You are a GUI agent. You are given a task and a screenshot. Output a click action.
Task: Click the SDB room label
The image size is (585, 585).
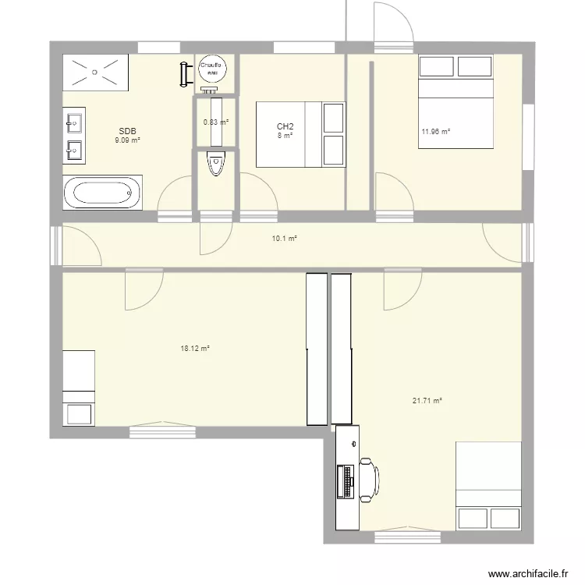coord(127,131)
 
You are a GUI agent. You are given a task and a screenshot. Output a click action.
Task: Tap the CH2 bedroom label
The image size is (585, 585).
coord(285,126)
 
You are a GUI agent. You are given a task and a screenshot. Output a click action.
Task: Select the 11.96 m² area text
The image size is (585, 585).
coord(436,131)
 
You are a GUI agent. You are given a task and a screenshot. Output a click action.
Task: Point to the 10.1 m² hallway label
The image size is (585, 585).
coord(284,239)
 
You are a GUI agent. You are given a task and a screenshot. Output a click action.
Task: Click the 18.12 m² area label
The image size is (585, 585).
coord(194,349)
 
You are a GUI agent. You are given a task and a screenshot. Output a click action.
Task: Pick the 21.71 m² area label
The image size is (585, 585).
coord(427,401)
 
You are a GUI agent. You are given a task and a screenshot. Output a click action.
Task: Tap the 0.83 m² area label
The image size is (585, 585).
coord(214,122)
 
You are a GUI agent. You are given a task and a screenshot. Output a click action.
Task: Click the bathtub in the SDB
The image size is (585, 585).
coord(103,193)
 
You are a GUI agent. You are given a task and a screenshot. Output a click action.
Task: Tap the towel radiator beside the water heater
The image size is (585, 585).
coord(185,73)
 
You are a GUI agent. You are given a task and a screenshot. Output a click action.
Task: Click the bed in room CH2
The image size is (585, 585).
coord(300,134)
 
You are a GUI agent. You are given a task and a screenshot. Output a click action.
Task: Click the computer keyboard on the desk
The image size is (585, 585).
coord(344,481)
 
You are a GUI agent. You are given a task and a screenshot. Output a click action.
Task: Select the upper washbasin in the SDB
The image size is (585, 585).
coord(76,122)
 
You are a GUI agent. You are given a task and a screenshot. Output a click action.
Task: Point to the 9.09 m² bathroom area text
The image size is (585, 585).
coord(127,140)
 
